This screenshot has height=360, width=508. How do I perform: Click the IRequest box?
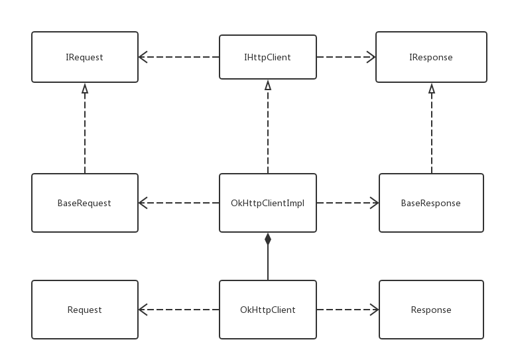(x=85, y=57)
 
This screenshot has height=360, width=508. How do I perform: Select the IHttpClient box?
(x=268, y=57)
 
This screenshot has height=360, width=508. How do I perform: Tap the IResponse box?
(x=431, y=57)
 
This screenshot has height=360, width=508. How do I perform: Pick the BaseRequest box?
(x=85, y=203)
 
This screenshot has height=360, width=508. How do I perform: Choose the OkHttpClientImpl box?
(x=268, y=203)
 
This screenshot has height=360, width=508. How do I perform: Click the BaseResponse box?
(x=431, y=203)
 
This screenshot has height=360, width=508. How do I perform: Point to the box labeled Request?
(x=85, y=310)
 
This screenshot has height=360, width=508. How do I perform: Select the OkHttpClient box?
(x=268, y=310)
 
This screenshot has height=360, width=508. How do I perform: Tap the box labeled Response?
(x=431, y=310)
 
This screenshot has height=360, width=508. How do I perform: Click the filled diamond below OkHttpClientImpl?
(x=268, y=239)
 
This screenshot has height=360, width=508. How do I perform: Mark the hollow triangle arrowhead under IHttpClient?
(x=268, y=85)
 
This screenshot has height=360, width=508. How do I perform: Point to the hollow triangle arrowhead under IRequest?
(x=85, y=89)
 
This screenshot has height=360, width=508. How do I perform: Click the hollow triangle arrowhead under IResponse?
(x=432, y=89)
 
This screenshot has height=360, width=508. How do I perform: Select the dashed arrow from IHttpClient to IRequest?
(x=179, y=57)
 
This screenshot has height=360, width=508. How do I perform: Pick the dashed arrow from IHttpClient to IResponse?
(x=346, y=57)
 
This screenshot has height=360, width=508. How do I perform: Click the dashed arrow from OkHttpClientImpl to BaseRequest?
(x=179, y=203)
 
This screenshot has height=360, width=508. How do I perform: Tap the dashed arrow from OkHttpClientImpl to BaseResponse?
(x=348, y=203)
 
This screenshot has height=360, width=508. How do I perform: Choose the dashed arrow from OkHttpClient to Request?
(x=179, y=310)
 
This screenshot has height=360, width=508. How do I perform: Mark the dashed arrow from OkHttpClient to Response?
(x=348, y=310)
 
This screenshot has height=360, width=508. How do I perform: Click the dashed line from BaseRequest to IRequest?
(x=85, y=128)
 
